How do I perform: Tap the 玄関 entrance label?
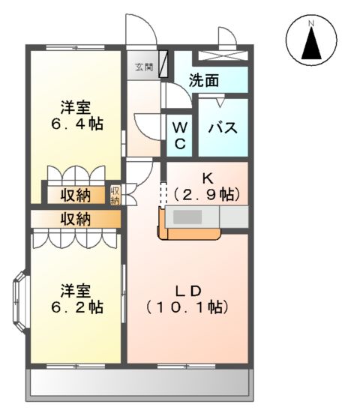tap(143, 67)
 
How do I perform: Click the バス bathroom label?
tap(222, 127)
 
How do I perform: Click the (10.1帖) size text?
tap(187, 307)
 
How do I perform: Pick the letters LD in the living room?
tap(187, 289)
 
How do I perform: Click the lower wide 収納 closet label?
tap(76, 220)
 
